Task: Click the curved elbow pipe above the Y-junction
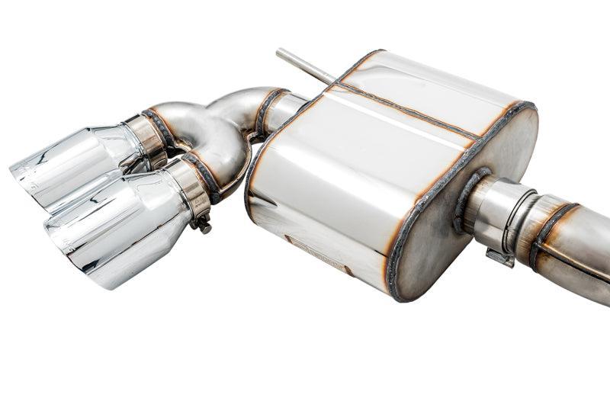pos(236,103)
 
